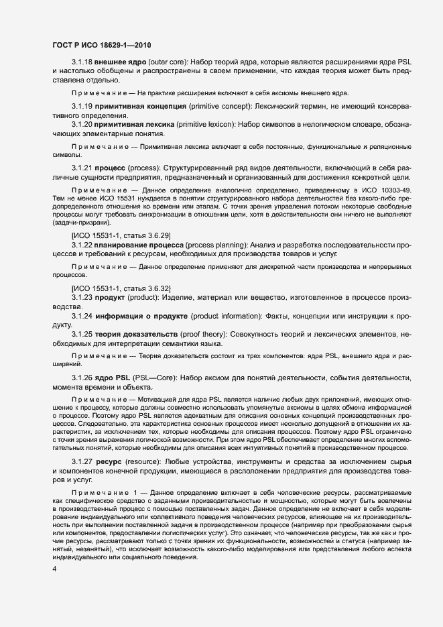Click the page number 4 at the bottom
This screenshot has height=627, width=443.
point(54,569)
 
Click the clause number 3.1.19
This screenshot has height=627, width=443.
point(82,107)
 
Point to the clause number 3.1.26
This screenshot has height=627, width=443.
point(82,378)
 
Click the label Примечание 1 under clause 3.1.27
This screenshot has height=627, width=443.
point(105,493)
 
